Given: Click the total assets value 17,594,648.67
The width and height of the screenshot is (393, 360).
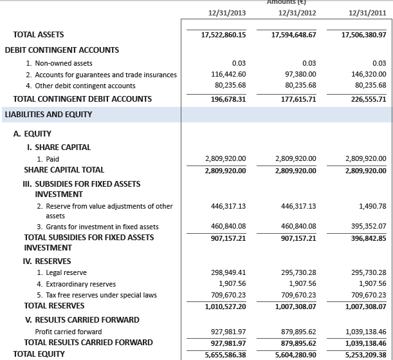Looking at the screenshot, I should point(290,35).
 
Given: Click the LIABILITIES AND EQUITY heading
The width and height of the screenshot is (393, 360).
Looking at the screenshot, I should point(48,115).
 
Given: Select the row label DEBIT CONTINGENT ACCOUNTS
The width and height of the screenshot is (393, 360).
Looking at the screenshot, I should point(62,50).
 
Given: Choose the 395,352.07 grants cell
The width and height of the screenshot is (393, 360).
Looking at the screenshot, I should point(365,227).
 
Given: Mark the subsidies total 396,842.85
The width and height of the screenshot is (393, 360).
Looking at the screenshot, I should point(365,238).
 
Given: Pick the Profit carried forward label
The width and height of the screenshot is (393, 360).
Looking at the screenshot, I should point(68,332).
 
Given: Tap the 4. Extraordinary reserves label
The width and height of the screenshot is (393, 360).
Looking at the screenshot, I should point(77,284).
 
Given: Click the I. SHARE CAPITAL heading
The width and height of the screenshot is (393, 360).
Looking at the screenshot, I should point(57,147).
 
